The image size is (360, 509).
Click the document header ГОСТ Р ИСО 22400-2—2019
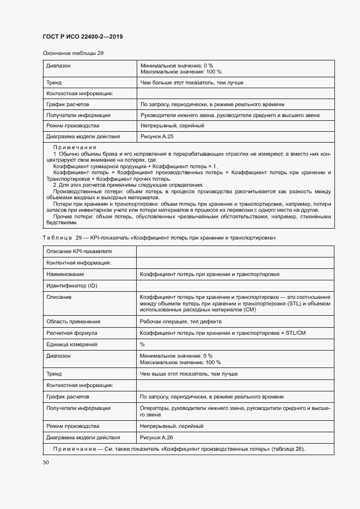82,36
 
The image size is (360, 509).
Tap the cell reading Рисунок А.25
157,137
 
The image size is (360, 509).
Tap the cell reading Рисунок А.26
157,437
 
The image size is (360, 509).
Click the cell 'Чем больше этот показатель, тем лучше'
191,83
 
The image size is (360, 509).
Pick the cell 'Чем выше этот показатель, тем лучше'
188,374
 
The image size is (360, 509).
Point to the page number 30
46,462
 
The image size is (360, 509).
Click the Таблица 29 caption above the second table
159,238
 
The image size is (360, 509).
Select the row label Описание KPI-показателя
79,251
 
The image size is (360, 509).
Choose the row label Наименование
65,274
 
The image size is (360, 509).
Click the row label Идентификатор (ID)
72,286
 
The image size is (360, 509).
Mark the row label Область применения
74,321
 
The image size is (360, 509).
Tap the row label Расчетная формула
72,333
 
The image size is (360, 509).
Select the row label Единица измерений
72,344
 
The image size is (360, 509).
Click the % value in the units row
142,344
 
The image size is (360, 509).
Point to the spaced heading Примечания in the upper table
75,148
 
